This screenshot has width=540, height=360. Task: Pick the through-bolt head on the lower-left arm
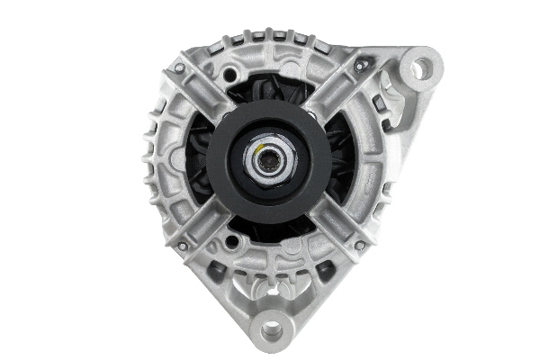pos(180,246)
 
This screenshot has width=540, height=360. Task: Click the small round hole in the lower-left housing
pos(232,242)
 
